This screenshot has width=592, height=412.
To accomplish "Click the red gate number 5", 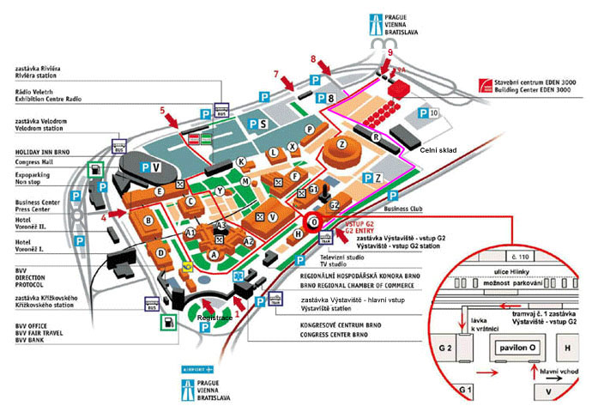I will point(162,110).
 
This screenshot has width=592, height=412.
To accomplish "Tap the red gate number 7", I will point(276,73).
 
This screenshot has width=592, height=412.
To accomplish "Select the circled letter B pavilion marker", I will point(148,221).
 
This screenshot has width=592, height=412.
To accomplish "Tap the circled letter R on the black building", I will point(376,136).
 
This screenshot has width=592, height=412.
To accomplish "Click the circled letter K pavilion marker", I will point(241,161).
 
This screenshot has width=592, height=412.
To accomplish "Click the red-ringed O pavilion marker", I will point(314,221).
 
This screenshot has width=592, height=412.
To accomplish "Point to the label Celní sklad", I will point(438,151).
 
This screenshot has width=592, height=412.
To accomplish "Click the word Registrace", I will point(214,317).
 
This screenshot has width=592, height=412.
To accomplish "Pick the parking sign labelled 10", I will point(423,112).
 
